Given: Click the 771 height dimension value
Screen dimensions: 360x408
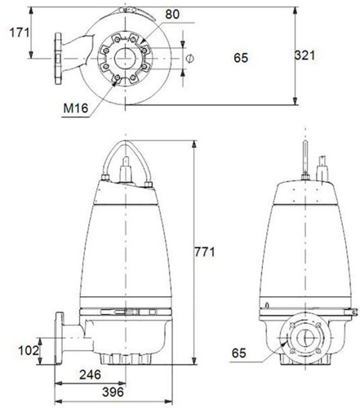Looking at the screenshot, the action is (205, 252).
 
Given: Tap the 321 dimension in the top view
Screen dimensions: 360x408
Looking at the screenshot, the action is (304, 55).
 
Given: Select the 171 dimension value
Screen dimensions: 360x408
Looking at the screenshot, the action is (20, 33).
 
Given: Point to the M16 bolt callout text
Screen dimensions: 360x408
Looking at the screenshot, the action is (76, 109).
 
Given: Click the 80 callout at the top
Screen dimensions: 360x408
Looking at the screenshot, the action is (172, 15).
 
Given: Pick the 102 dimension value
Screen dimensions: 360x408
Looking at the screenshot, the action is (29, 350).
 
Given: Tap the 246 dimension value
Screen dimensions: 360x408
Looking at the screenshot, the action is (90, 375).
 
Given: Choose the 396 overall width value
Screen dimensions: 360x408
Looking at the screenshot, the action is (113, 392).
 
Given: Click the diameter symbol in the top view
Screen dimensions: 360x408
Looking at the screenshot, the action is (190, 58).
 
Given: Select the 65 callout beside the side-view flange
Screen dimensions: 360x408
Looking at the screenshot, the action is (239, 353).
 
